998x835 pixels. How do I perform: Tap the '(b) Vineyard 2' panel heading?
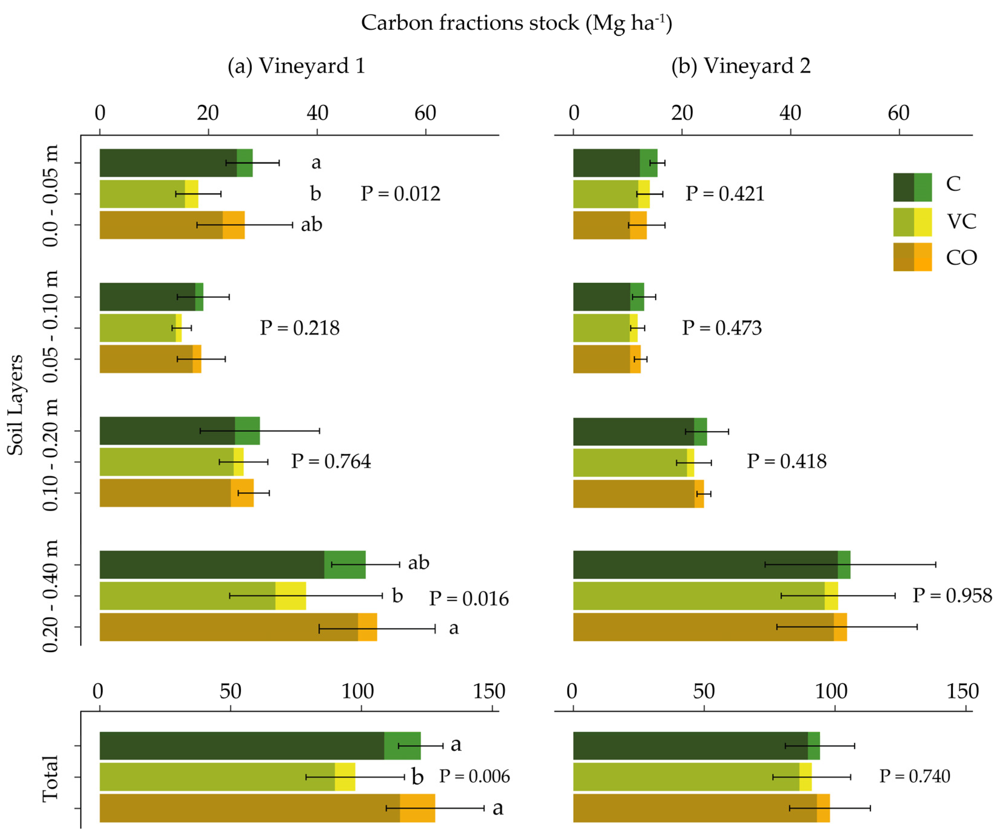(741, 65)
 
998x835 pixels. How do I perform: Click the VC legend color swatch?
(912, 222)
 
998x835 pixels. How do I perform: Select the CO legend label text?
(961, 258)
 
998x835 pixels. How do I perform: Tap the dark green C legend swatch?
(903, 187)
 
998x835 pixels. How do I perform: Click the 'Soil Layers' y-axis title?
(15, 405)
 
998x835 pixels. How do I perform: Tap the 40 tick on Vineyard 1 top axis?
(317, 113)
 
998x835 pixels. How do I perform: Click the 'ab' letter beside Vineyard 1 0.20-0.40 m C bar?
(418, 563)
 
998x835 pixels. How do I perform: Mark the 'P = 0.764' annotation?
(331, 461)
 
